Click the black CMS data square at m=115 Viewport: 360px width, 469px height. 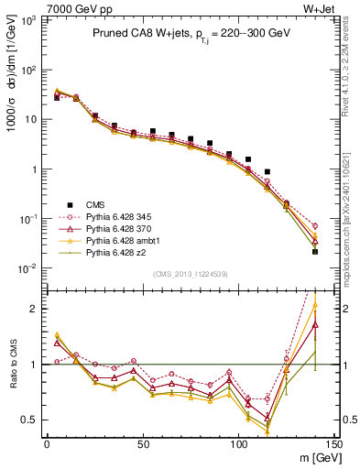[x=267, y=171]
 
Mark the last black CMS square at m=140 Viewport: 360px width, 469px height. [x=315, y=251]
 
